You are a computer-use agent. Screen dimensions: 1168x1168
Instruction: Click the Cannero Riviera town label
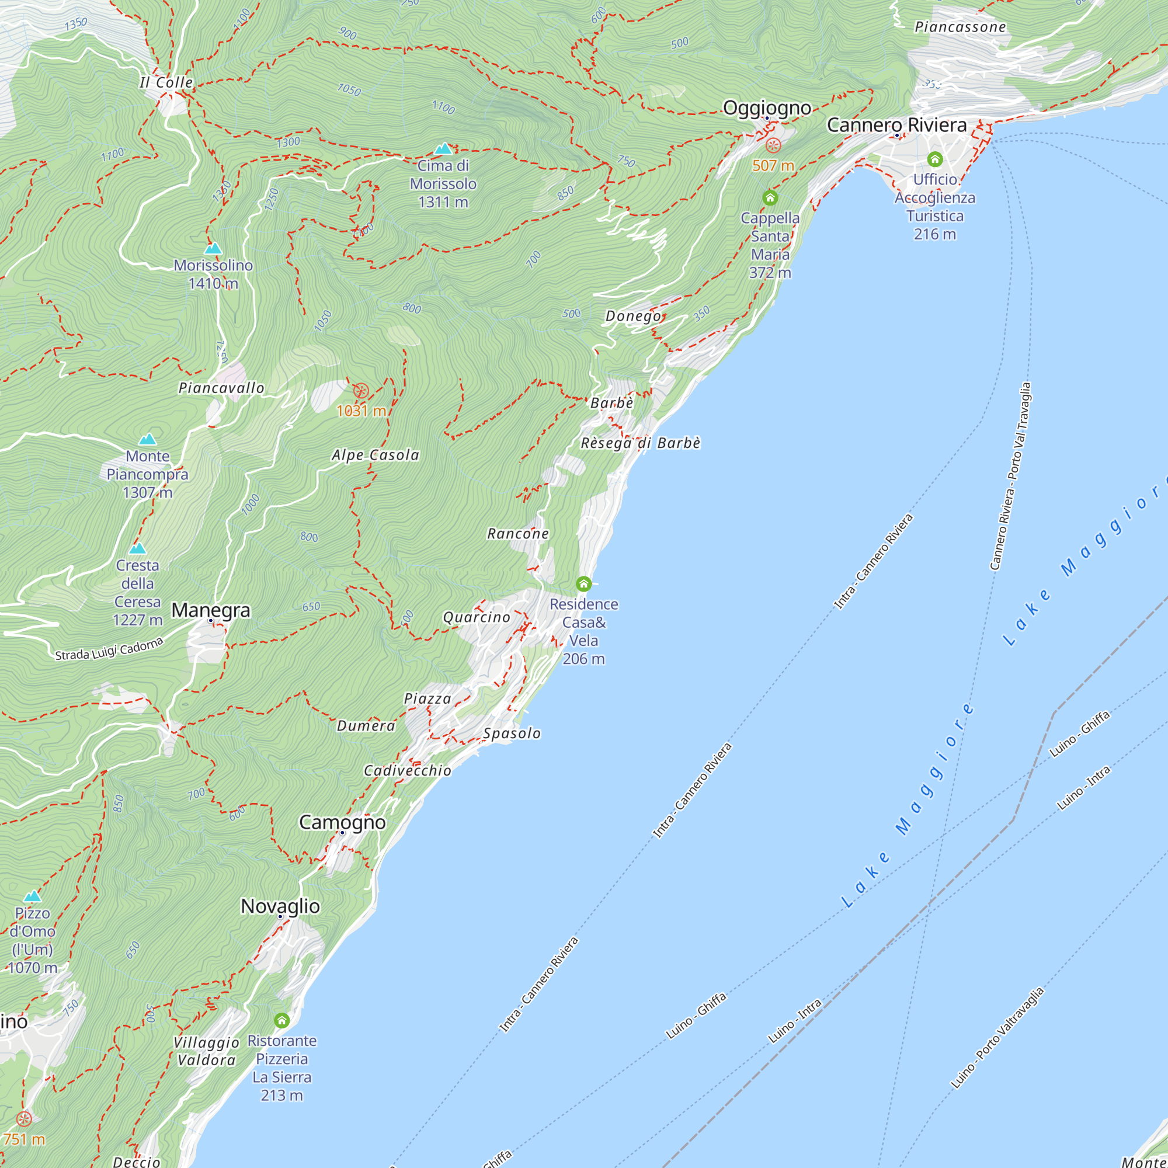[x=896, y=125]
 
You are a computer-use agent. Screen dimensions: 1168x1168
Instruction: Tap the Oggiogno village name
[x=767, y=107]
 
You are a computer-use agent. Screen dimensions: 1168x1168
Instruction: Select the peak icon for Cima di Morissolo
[x=444, y=149]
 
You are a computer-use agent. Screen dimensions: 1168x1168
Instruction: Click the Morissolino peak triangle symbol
[x=213, y=248]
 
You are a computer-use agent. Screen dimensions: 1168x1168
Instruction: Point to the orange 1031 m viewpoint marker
[x=361, y=391]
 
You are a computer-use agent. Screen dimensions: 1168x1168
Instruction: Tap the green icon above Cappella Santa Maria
[x=770, y=198]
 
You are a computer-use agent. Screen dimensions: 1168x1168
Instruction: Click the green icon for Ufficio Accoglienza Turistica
[x=934, y=159]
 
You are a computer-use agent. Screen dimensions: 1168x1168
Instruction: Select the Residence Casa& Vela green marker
[x=583, y=584]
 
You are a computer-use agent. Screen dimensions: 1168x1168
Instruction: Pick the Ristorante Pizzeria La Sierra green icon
[x=281, y=1020]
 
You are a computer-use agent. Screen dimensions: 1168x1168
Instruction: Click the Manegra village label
[x=210, y=610]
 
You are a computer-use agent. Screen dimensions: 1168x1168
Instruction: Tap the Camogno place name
[x=342, y=822]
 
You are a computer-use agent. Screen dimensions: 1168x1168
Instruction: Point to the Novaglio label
[x=280, y=906]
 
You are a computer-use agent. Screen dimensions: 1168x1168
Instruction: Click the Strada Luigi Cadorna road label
[x=109, y=649]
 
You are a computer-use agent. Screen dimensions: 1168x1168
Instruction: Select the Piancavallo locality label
[x=221, y=388]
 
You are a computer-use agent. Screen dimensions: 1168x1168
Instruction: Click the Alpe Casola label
[x=376, y=456]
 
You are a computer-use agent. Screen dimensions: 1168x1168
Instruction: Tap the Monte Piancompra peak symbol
[x=148, y=440]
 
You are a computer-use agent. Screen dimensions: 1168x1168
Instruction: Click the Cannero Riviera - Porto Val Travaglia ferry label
[x=1010, y=477]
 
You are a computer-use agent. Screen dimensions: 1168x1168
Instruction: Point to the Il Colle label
[x=166, y=83]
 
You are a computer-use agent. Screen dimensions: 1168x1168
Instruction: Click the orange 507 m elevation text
[x=773, y=166]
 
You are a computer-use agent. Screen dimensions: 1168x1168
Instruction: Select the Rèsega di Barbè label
[x=640, y=443]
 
